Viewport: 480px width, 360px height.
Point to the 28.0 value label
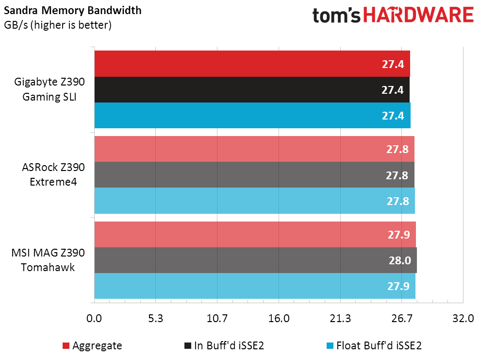click(399, 260)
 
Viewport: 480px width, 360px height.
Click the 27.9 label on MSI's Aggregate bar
click(399, 235)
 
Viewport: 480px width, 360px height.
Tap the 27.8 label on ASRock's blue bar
click(398, 201)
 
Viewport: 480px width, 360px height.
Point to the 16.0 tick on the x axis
click(279, 319)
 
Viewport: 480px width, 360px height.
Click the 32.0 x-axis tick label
click(463, 319)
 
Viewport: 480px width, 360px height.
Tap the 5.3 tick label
click(155, 319)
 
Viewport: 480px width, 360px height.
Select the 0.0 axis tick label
click(94, 319)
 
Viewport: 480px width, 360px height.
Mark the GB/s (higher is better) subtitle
click(58, 25)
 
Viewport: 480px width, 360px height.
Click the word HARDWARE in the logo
click(418, 16)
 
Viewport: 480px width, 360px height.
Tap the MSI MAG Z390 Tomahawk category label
click(48, 260)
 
